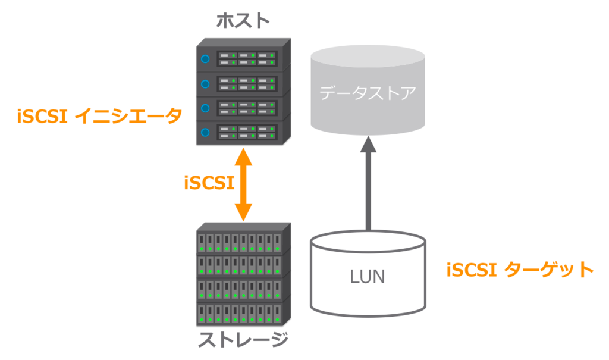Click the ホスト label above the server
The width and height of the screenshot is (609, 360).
[x=243, y=21]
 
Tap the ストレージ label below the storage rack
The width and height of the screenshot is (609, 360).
[x=243, y=339]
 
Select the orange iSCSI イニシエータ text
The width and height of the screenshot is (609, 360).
[x=100, y=116]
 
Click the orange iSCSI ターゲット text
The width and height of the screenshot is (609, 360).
[x=520, y=270]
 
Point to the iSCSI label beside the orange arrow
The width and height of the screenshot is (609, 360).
[x=209, y=183]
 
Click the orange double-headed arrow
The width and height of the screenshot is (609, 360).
[x=243, y=184]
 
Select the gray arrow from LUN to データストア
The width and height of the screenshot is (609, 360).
[x=368, y=183]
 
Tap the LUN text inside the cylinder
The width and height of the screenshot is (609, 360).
[x=368, y=277]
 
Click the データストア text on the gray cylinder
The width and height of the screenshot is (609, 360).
[x=368, y=93]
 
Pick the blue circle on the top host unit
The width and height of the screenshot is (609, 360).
[x=205, y=59]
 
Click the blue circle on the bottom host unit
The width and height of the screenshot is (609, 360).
[x=205, y=133]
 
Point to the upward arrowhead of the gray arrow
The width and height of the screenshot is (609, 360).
[x=368, y=144]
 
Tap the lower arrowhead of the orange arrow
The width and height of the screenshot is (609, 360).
[x=243, y=212]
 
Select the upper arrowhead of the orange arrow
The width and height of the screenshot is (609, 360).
[x=243, y=157]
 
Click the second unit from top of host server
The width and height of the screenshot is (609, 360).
[x=243, y=83]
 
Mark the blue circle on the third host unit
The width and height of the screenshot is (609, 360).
[x=205, y=108]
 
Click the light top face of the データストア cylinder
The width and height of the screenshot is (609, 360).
[x=368, y=57]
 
